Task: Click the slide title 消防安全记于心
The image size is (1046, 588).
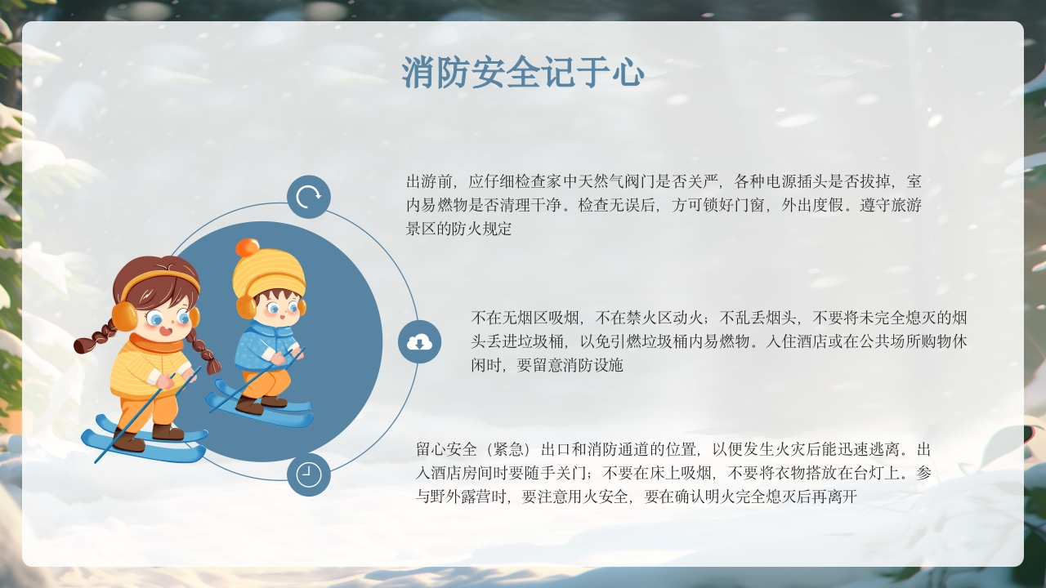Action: click(x=523, y=73)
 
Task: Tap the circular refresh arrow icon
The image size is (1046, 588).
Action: click(x=309, y=197)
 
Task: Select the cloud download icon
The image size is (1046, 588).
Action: click(x=419, y=342)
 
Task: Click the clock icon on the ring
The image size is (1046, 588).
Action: click(x=309, y=474)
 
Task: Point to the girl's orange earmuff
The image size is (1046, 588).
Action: click(x=124, y=315)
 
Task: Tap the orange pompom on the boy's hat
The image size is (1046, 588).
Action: click(x=247, y=248)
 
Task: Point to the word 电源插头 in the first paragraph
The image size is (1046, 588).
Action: click(x=793, y=181)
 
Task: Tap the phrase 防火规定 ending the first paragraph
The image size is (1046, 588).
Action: click(x=476, y=229)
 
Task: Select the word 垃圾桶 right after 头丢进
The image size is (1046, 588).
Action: click(x=545, y=341)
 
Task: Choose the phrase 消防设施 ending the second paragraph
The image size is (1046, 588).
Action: click(x=592, y=365)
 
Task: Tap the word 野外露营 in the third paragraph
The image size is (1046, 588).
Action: click(x=459, y=497)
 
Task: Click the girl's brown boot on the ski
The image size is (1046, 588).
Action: click(x=168, y=431)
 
